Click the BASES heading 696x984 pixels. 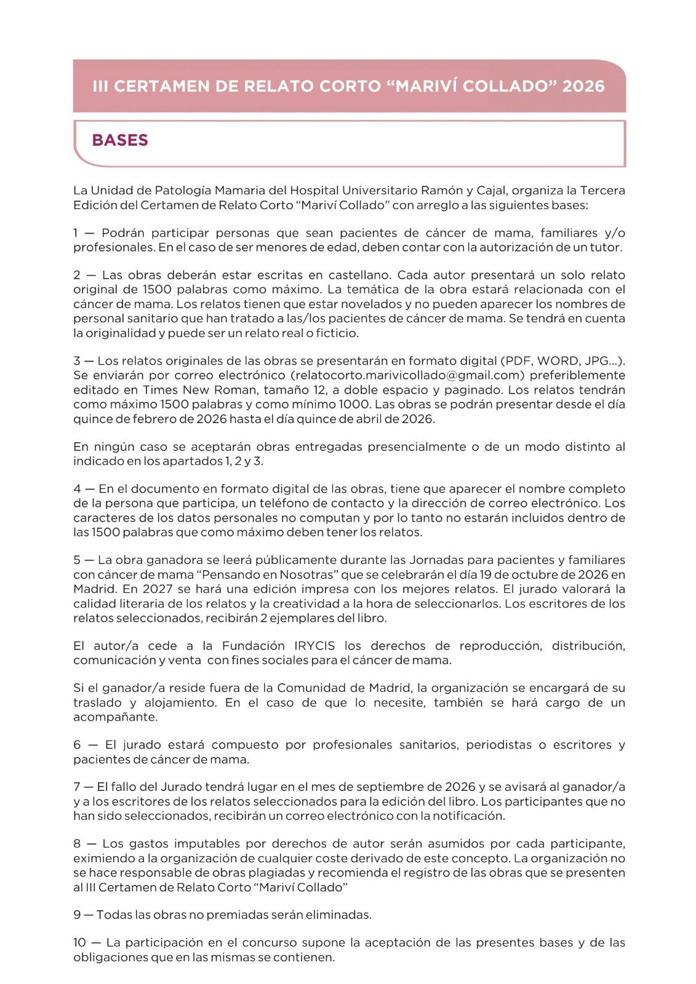pyautogui.click(x=120, y=140)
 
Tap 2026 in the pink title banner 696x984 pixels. pyautogui.click(x=583, y=86)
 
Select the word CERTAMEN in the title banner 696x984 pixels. pyautogui.click(x=161, y=86)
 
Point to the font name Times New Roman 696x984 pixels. pyautogui.click(x=195, y=390)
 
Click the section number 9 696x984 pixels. pyautogui.click(x=77, y=915)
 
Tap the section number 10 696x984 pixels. pyautogui.click(x=79, y=942)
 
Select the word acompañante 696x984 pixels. pyautogui.click(x=116, y=717)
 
